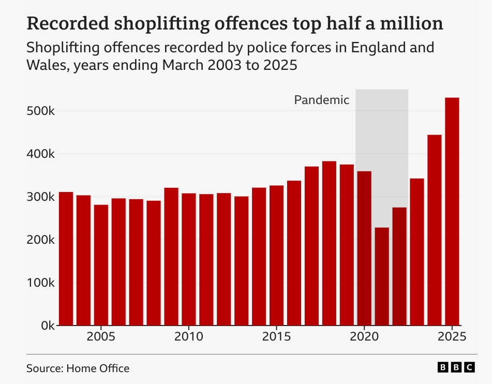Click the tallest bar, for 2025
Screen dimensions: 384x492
coord(452,212)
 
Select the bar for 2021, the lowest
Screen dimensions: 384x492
coord(382,276)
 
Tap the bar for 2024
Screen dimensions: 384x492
coord(435,230)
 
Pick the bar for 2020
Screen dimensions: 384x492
coord(364,248)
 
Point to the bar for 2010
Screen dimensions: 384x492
coord(189,259)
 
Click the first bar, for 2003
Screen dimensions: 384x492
coord(66,259)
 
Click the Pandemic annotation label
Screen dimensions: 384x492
coord(322,100)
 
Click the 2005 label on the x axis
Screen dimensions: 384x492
coord(100,336)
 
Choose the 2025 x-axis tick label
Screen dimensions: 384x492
coord(452,336)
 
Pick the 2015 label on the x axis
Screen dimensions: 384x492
coord(276,336)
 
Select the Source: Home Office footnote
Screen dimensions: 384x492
coord(78,368)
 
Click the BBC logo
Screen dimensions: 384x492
coord(456,367)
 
